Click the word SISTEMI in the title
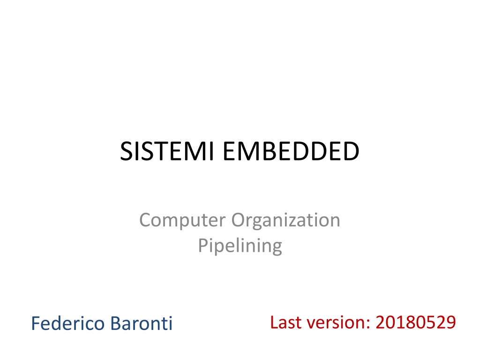pyautogui.click(x=167, y=151)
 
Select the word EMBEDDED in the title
pyautogui.click(x=291, y=151)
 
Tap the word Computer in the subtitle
pyautogui.click(x=182, y=220)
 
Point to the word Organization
pyautogui.click(x=285, y=220)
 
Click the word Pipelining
pyautogui.click(x=240, y=246)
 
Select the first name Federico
pyautogui.click(x=68, y=323)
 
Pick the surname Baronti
pyautogui.click(x=142, y=323)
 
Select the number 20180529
pyautogui.click(x=416, y=322)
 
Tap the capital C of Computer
pyautogui.click(x=146, y=220)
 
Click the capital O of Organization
pyautogui.click(x=239, y=220)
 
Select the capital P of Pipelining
pyautogui.click(x=203, y=245)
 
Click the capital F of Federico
pyautogui.click(x=36, y=323)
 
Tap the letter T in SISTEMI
pyautogui.click(x=148, y=151)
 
